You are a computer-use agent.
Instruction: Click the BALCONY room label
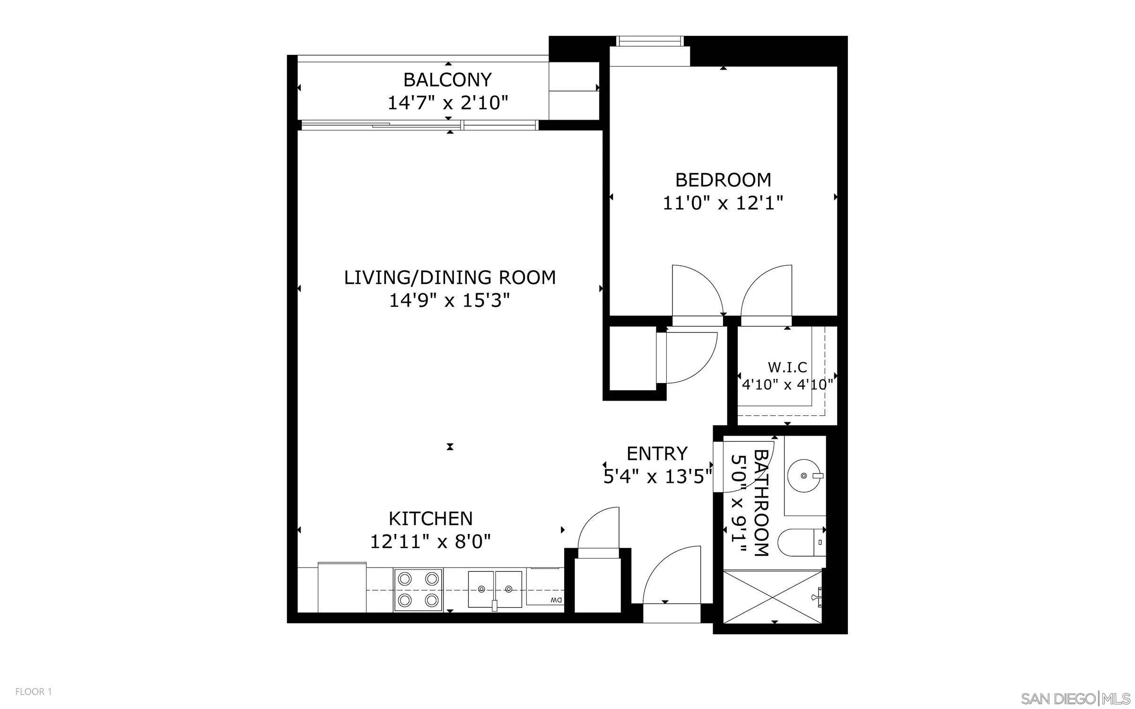click(447, 80)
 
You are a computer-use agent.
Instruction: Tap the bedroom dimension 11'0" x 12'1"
click(723, 203)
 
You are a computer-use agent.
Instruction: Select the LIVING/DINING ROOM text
click(450, 278)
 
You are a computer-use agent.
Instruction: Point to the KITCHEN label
click(430, 519)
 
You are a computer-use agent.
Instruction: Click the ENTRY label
click(657, 454)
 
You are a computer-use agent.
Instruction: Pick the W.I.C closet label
click(787, 367)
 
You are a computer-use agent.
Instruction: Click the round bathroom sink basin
click(804, 476)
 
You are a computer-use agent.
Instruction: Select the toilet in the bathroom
click(799, 543)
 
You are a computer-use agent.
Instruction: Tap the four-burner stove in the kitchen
click(418, 590)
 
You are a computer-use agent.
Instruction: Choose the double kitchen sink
click(495, 589)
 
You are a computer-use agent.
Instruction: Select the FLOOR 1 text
click(33, 692)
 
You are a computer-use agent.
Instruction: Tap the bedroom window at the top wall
click(650, 42)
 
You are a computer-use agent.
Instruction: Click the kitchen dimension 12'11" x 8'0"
click(430, 542)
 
